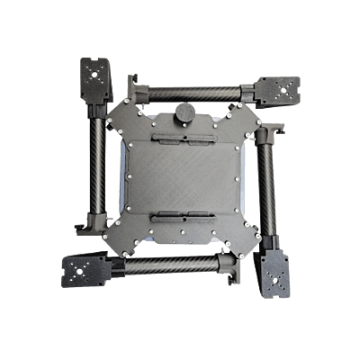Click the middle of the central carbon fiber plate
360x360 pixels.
pos(181,179)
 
